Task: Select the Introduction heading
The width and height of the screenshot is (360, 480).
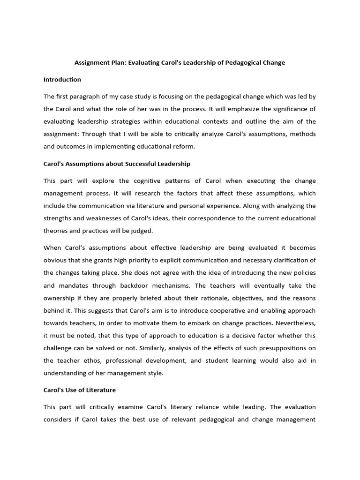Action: [x=62, y=79]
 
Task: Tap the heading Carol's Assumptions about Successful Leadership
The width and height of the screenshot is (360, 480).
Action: [x=117, y=164]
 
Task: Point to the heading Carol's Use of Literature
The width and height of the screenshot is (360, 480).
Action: [x=80, y=390]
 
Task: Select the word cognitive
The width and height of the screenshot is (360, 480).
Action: [x=147, y=180]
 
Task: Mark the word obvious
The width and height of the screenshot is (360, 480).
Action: [x=55, y=260]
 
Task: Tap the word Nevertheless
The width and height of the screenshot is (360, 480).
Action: [x=295, y=322]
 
